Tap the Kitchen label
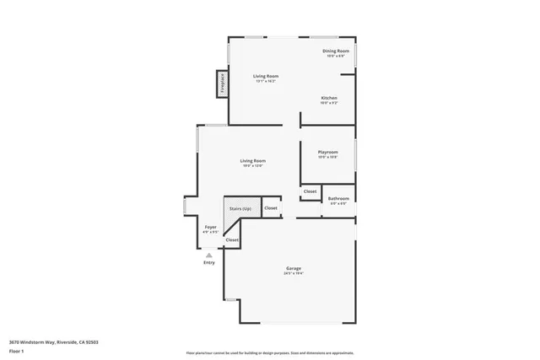329,98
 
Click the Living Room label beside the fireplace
267,76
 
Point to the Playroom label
327,153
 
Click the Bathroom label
339,199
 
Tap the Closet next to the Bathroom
310,192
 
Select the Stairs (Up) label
240,207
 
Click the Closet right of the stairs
271,207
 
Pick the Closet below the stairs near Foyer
232,240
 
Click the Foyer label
211,227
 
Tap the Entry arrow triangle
208,255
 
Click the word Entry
208,262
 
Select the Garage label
294,269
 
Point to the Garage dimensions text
294,274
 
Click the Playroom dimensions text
327,158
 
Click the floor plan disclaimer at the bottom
269,353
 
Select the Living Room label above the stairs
252,160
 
